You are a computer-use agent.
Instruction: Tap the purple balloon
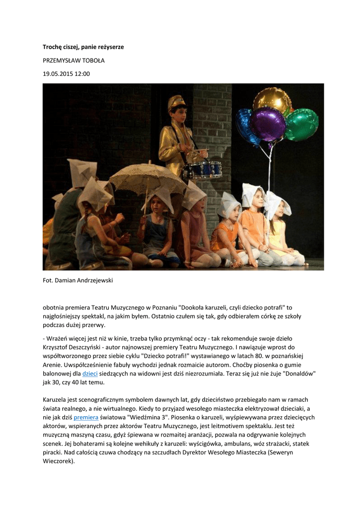pos(268,124)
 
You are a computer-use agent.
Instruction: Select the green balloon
pos(301,124)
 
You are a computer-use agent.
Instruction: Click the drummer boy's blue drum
pos(202,170)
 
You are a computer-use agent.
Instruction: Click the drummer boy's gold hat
pos(176,103)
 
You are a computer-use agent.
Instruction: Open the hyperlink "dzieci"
pos(90,373)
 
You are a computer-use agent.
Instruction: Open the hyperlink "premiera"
pos(86,418)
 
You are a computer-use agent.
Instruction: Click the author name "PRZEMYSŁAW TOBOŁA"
pos(73,61)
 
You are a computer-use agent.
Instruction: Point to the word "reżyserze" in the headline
pos(109,47)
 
